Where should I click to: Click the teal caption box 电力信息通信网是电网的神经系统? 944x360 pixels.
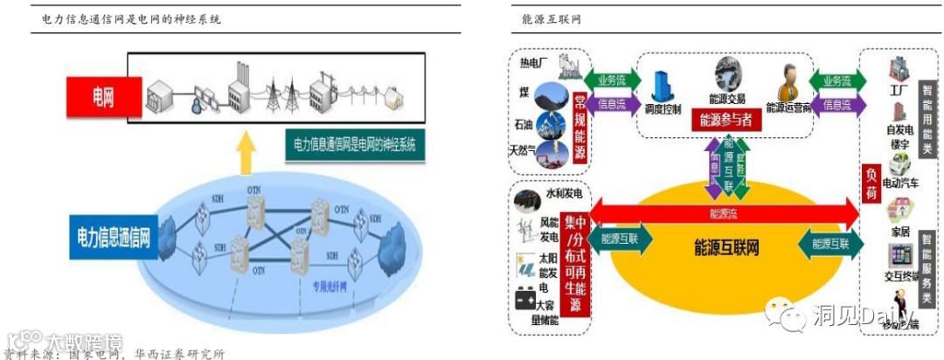click(x=354, y=145)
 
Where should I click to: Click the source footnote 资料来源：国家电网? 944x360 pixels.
click(x=114, y=353)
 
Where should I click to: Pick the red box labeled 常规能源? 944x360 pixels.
click(x=578, y=125)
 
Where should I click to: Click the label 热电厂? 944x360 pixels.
click(x=534, y=63)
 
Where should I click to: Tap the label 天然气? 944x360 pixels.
click(x=526, y=149)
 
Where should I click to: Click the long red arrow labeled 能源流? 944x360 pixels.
click(x=725, y=212)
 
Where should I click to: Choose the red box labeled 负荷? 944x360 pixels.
click(x=871, y=185)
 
